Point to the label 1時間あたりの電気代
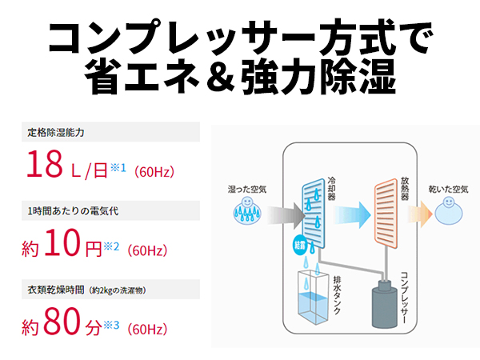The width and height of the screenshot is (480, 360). pyautogui.click(x=73, y=211)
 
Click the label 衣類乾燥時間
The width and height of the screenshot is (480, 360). pyautogui.click(x=56, y=290)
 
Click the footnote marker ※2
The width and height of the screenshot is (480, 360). pyautogui.click(x=110, y=246)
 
